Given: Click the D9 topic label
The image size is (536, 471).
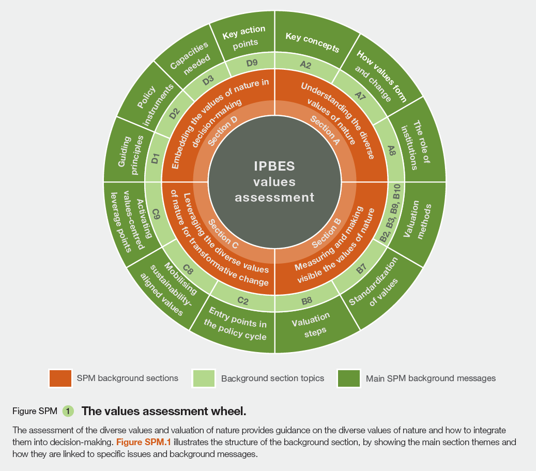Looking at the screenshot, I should coord(252,63).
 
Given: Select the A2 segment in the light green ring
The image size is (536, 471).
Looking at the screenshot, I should coord(305,65).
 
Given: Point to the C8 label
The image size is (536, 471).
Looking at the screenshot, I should coord(188,270).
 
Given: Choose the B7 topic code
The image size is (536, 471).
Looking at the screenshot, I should coord(361,269).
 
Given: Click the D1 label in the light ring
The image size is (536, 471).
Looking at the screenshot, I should coord(155,159).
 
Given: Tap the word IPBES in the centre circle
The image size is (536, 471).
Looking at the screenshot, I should coord(274,166).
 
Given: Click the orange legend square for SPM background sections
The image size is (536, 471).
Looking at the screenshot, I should coord(59,378).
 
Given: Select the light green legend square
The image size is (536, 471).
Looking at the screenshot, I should coord(203,378).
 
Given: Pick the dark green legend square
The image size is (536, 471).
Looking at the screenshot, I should coord(348,378).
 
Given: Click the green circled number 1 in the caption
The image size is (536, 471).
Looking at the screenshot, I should coord(68,412).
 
